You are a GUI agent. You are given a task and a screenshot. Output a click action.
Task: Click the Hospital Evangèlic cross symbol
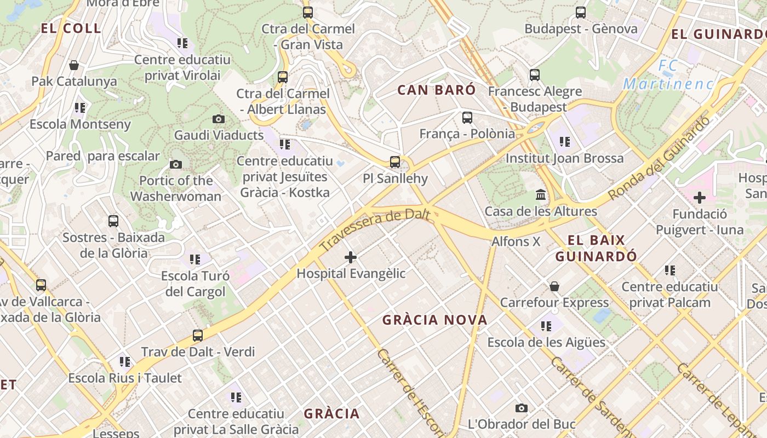[x=351, y=257]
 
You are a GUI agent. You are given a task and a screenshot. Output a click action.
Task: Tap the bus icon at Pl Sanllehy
[x=395, y=162]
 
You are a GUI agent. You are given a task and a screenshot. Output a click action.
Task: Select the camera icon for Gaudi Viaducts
[x=218, y=119]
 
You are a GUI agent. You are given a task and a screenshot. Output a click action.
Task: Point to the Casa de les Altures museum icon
[x=541, y=195]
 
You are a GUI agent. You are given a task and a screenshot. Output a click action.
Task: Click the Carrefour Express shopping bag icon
[x=554, y=286]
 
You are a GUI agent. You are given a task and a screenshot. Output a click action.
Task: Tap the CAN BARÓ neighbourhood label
[x=437, y=90]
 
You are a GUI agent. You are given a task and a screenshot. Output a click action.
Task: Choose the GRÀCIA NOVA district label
[x=434, y=320]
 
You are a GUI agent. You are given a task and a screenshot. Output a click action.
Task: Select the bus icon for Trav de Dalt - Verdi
[x=198, y=336]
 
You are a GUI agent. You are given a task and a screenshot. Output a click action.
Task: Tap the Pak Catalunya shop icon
[x=74, y=66]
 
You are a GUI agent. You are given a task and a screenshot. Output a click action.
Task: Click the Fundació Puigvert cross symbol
[x=699, y=198]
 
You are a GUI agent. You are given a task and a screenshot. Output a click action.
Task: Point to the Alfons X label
[x=516, y=241]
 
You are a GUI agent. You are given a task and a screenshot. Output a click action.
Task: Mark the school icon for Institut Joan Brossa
[x=565, y=142]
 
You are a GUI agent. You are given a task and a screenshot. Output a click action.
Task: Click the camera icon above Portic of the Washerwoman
[x=176, y=164]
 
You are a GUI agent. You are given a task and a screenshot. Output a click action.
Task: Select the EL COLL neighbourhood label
[x=71, y=28]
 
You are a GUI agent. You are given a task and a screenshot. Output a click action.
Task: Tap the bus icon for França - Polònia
[x=467, y=117]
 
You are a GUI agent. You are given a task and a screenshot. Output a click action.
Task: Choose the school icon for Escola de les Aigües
[x=546, y=326]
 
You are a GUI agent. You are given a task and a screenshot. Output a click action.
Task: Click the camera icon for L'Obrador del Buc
[x=522, y=408]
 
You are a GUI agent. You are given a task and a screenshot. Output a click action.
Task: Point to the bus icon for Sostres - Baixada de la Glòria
[x=113, y=221]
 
